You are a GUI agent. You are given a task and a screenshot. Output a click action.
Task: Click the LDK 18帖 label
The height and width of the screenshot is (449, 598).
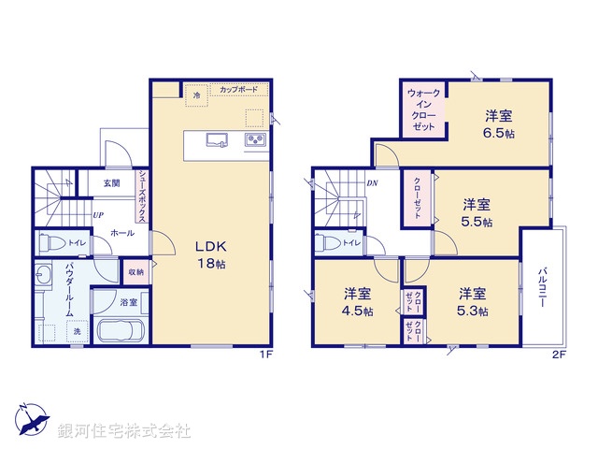(209, 254)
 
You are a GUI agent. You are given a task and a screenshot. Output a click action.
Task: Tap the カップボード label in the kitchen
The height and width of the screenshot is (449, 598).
(239, 91)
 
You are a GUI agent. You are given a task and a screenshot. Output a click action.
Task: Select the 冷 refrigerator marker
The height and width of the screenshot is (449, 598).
(196, 95)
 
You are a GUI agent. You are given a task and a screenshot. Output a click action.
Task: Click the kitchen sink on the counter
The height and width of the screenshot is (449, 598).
(214, 141)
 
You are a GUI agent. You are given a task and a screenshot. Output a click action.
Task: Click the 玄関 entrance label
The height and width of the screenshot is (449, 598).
(111, 184)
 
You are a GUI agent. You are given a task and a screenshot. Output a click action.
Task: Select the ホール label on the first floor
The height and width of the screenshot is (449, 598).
(121, 230)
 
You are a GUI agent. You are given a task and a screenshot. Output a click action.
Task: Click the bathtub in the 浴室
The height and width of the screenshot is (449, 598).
(118, 332)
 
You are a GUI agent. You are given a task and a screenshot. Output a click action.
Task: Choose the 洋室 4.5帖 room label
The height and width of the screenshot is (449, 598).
(358, 301)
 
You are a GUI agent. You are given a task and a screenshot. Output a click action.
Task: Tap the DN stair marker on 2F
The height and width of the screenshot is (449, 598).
(373, 183)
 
